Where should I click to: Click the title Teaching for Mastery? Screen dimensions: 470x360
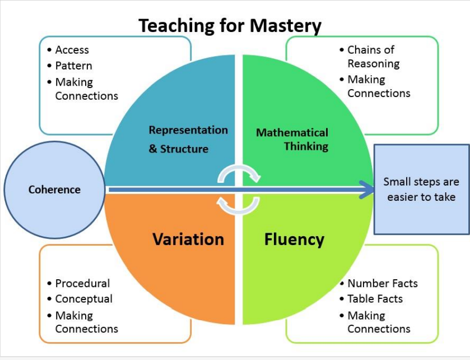coord(230,26)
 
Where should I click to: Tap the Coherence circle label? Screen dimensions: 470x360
coord(54,190)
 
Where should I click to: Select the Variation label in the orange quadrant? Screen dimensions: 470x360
coord(188,239)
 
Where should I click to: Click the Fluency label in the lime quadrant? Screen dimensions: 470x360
coord(294,239)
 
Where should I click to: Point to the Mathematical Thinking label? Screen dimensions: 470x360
coord(292,139)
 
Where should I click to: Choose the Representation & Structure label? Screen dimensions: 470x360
coord(188,139)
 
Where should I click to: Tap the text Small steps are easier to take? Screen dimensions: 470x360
coord(421,190)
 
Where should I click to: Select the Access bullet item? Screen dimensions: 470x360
coord(72,50)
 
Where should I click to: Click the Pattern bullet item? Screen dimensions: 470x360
coord(73,66)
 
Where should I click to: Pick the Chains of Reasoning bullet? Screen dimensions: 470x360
coord(374,57)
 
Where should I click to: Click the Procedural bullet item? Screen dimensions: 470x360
coord(82,283)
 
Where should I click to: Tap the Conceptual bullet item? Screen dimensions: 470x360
coord(84,299)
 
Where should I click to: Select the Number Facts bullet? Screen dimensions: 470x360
coord(383,283)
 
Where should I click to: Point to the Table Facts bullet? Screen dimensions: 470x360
coord(375,299)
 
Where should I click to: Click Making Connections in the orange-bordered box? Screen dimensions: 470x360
coord(87,322)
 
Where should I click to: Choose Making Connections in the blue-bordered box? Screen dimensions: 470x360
coord(87,89)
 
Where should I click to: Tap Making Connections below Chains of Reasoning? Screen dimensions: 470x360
coord(379,86)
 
